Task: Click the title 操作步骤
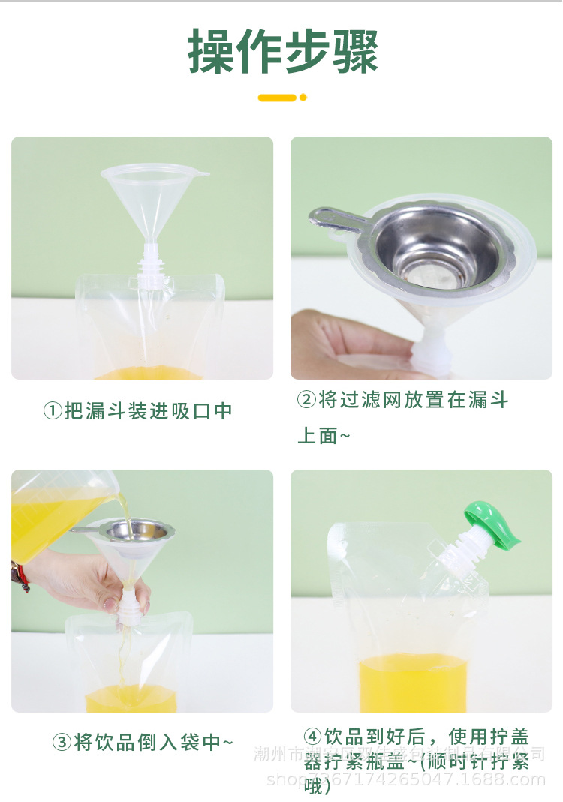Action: point(283,51)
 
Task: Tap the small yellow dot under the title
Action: point(303,98)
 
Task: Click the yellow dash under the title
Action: point(277,98)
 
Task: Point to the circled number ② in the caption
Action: point(306,400)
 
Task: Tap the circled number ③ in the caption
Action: point(62,743)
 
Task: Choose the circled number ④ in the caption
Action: point(313,736)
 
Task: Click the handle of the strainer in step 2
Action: point(333,217)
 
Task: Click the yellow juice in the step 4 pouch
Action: point(412,682)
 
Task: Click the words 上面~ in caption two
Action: point(324,436)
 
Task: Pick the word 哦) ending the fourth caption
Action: point(318,786)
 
